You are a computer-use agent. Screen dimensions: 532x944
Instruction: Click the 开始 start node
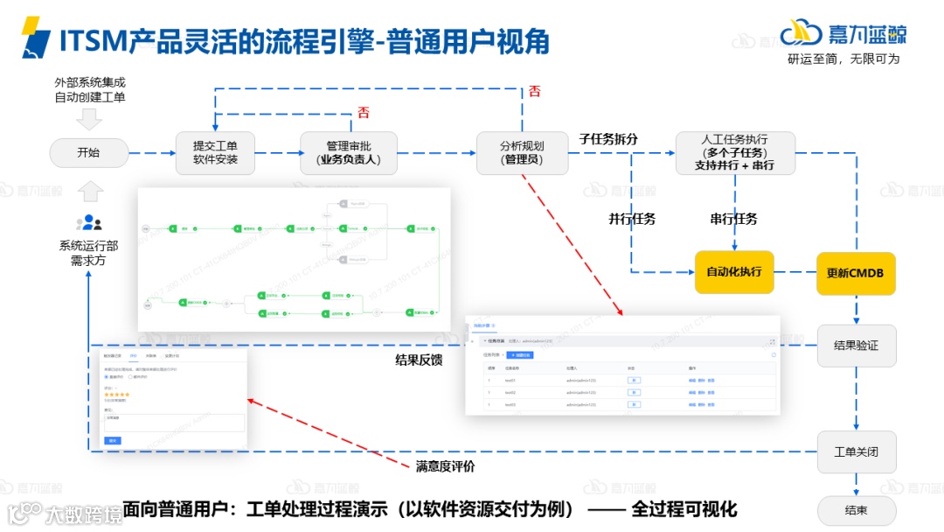tap(88, 153)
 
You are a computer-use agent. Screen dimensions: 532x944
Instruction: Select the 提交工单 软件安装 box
tap(214, 153)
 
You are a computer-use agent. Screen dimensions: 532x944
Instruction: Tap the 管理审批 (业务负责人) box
tap(349, 153)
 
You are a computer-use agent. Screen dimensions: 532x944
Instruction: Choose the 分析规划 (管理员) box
tap(522, 153)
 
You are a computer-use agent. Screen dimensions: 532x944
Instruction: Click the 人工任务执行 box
tap(734, 153)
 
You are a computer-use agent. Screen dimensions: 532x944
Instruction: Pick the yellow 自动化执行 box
tap(734, 272)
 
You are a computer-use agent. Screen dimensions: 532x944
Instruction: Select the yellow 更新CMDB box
tap(855, 273)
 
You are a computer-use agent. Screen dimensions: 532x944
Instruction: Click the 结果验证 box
tap(856, 346)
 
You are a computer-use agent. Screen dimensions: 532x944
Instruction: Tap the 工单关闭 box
tap(856, 451)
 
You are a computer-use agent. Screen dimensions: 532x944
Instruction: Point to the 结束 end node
tap(856, 511)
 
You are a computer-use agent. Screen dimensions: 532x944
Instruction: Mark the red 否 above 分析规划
tap(535, 90)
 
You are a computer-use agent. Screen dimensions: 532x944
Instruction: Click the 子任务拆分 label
tap(608, 139)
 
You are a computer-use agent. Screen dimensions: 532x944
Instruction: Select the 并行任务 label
tap(632, 219)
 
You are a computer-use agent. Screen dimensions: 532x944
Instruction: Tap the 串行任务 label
tap(733, 219)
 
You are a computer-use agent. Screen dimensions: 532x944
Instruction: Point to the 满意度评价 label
tap(446, 466)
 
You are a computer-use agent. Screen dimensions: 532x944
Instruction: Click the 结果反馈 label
tap(419, 360)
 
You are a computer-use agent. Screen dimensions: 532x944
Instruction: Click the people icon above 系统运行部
tap(89, 222)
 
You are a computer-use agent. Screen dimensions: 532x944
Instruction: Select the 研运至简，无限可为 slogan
tap(843, 59)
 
